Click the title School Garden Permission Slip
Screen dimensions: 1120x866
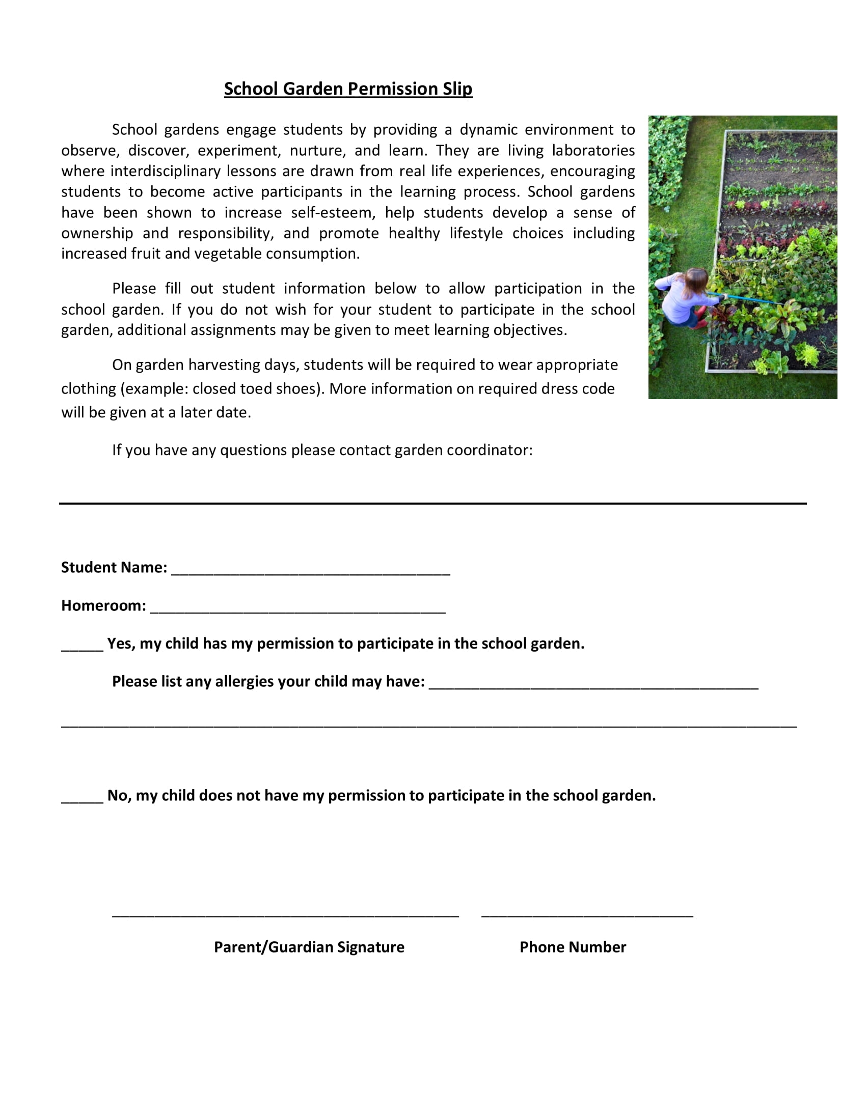pyautogui.click(x=348, y=89)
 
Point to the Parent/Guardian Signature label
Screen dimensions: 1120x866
pyautogui.click(x=309, y=947)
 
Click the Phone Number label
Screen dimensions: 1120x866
pyautogui.click(x=573, y=947)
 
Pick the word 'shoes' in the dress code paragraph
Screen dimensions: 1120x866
pyautogui.click(x=299, y=388)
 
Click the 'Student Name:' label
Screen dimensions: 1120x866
pyautogui.click(x=114, y=567)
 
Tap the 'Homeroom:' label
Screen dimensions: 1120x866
pyautogui.click(x=103, y=606)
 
